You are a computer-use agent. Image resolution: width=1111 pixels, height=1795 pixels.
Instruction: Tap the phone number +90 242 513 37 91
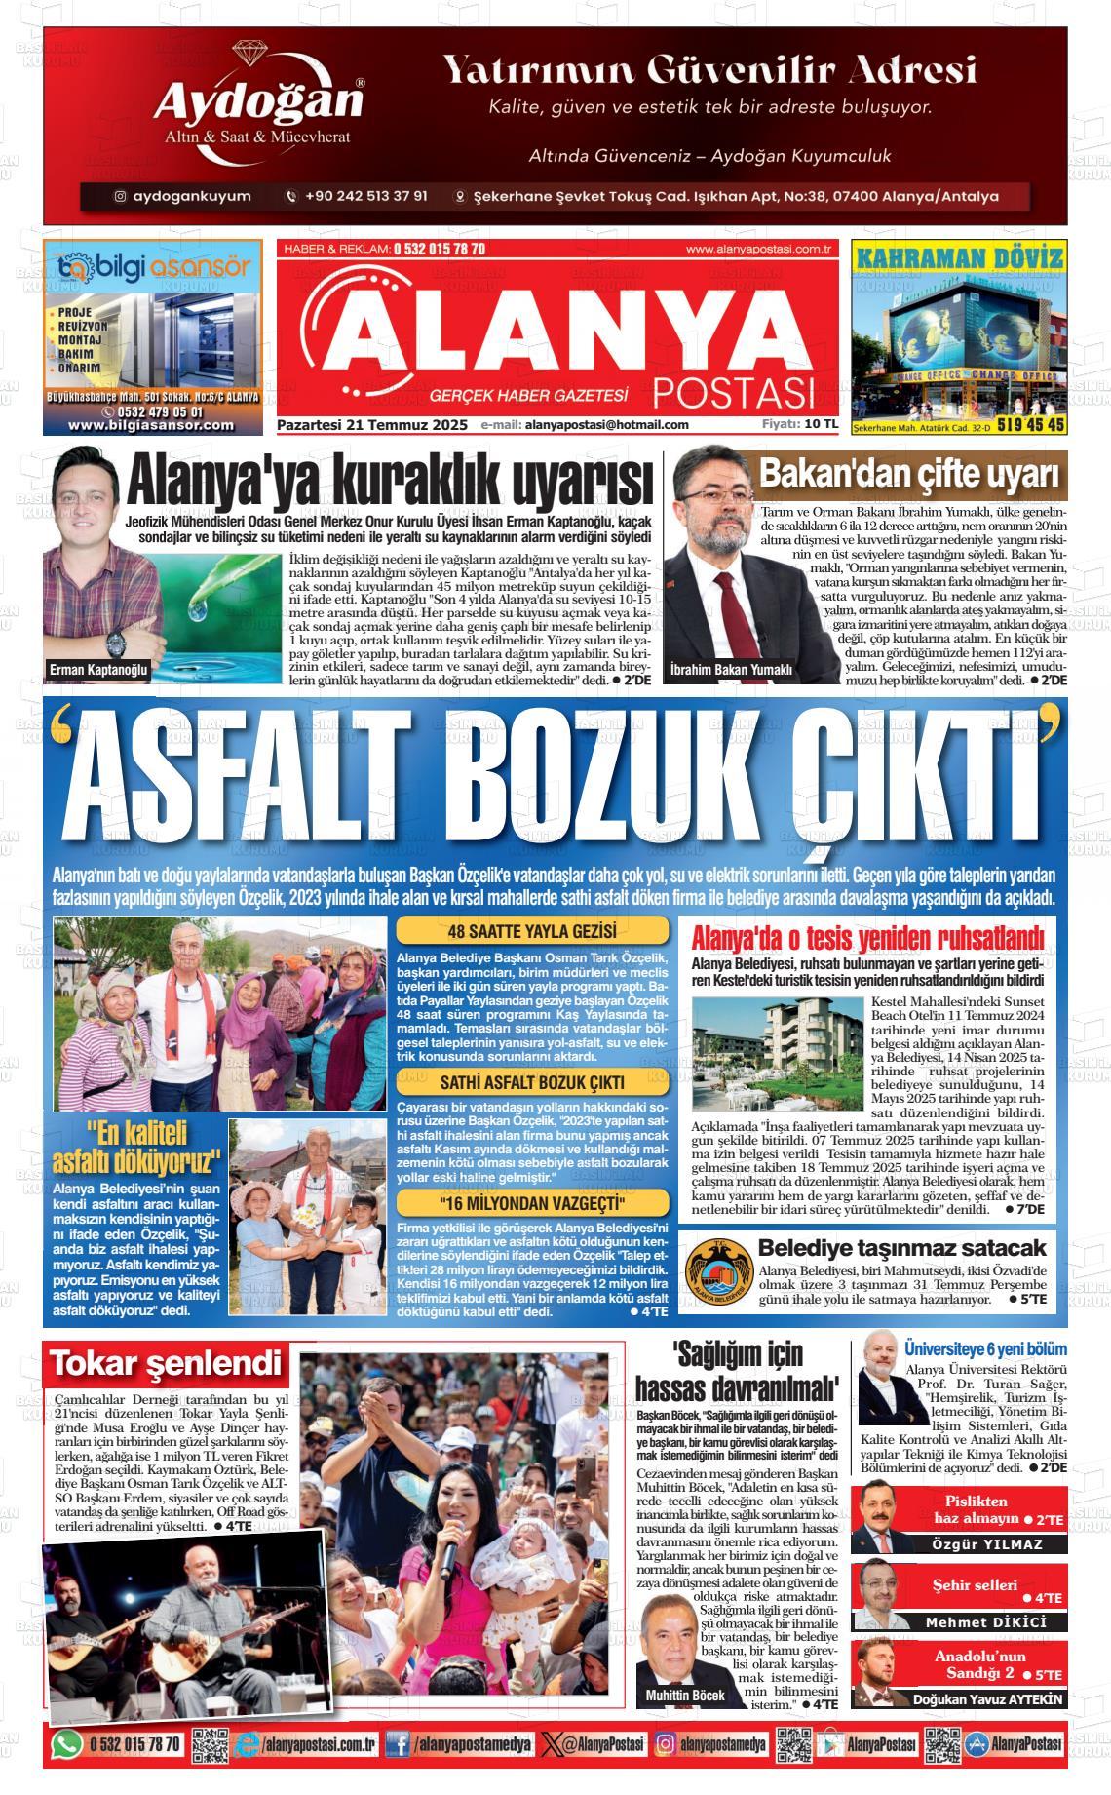click(366, 196)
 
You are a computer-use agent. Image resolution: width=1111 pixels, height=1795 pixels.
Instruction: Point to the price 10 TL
click(822, 424)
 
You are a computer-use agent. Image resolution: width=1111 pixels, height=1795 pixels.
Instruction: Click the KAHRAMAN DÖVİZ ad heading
click(959, 258)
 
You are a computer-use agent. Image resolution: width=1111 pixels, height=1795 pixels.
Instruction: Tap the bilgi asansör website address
click(151, 425)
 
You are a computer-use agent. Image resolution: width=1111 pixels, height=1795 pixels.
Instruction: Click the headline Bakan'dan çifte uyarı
click(908, 475)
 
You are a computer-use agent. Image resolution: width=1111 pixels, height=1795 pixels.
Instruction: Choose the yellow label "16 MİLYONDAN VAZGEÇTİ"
click(532, 1200)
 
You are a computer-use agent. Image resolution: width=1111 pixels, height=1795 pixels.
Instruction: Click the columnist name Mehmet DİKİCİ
click(985, 1622)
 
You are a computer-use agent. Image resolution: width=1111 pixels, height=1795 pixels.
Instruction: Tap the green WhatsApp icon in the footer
click(66, 1744)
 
